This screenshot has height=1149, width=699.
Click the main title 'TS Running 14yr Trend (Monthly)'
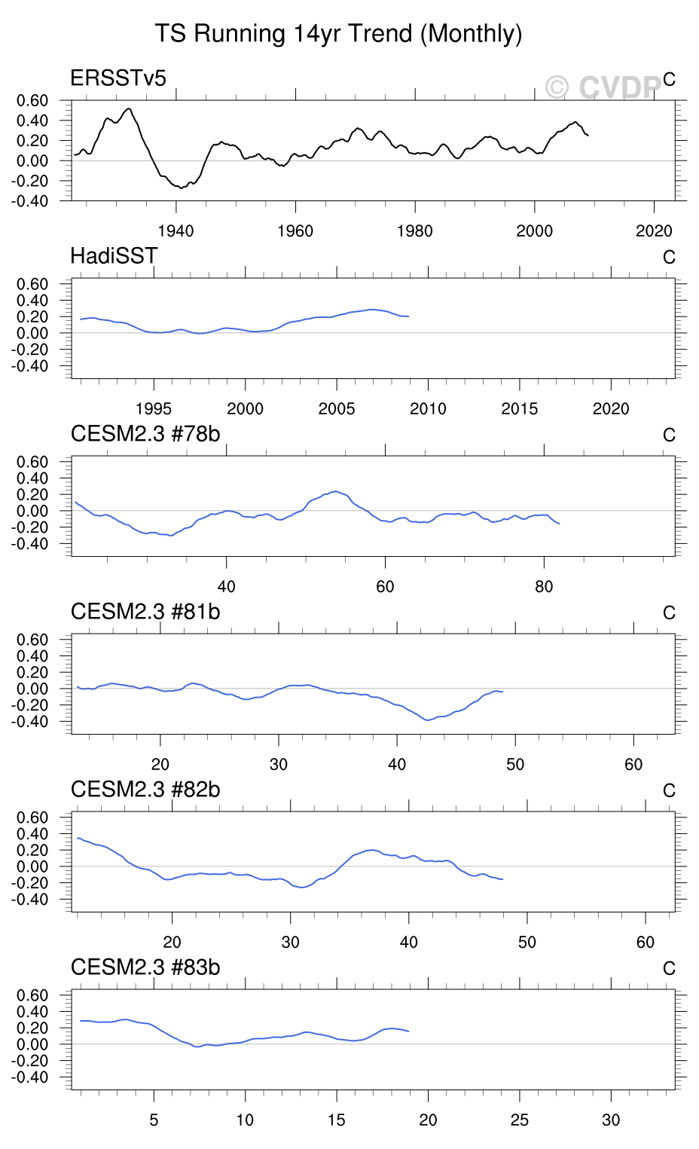(338, 34)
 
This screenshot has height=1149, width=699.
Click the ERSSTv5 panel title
(118, 78)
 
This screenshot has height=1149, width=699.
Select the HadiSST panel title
(114, 256)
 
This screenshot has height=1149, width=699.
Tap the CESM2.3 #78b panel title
(145, 434)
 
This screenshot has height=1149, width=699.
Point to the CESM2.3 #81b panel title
(145, 612)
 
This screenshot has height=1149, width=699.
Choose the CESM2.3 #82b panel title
(145, 790)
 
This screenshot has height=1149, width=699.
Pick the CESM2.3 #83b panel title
(145, 967)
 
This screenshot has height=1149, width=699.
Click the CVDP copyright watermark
(603, 87)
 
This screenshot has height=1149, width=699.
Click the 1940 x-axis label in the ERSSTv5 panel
(176, 231)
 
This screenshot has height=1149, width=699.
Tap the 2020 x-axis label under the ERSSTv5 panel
(654, 231)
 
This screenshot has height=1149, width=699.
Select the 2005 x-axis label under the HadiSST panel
(337, 409)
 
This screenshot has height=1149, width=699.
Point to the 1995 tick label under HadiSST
(154, 409)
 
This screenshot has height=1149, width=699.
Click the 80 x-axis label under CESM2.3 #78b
(544, 587)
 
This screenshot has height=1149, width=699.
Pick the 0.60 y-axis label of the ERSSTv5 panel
(32, 100)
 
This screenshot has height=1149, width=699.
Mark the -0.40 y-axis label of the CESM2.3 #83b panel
(30, 1077)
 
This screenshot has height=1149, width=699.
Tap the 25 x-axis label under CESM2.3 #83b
(520, 1120)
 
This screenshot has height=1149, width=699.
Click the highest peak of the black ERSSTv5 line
(129, 108)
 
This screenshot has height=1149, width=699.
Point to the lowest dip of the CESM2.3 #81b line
(428, 720)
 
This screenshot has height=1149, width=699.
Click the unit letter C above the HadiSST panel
(669, 258)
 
